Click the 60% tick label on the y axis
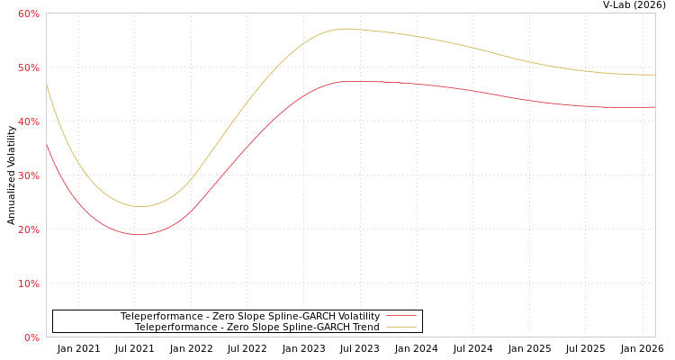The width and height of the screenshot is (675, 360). (29, 13)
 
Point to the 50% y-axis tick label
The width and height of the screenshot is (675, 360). (29, 67)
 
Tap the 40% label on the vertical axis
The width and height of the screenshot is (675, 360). (29, 121)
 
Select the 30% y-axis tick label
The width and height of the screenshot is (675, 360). (29, 175)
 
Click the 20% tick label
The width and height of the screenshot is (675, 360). (29, 229)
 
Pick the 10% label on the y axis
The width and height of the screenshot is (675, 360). (29, 283)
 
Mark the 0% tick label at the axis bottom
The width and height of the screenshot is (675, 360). (31, 337)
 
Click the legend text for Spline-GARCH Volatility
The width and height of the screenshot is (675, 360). (249, 316)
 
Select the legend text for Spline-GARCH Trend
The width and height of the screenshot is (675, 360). (256, 327)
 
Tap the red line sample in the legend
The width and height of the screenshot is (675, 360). (400, 316)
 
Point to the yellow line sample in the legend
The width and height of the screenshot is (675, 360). (400, 327)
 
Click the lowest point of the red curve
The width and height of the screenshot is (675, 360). (139, 235)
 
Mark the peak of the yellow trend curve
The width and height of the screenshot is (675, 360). (343, 29)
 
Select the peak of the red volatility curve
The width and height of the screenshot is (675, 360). (353, 81)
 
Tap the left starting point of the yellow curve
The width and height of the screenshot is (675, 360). (47, 85)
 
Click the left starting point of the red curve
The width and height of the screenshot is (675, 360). (47, 143)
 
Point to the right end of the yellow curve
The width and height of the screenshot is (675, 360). (654, 75)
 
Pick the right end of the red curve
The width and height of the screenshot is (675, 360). (654, 107)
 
